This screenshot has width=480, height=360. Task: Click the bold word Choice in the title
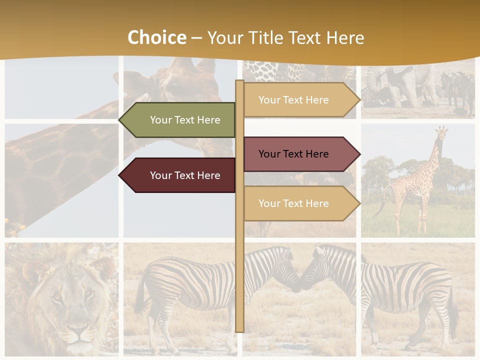coord(156,38)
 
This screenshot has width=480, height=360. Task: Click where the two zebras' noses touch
coord(300,283)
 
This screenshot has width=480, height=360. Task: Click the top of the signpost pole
coord(239,82)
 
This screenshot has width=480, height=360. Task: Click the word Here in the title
coord(345,38)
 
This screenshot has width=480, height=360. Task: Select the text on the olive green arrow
coord(185,120)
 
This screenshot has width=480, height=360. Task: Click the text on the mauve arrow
coord(293,154)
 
